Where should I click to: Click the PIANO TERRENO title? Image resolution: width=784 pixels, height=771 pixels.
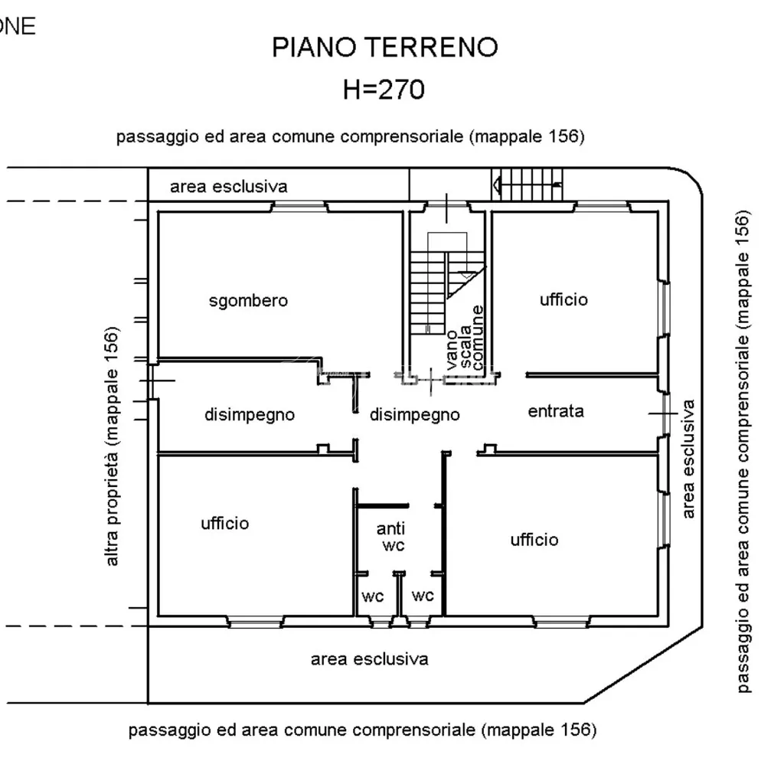[384, 47]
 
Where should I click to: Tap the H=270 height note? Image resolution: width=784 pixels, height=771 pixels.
[384, 90]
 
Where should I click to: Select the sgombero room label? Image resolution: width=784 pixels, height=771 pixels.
[248, 300]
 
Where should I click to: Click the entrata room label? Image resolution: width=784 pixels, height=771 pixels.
[556, 411]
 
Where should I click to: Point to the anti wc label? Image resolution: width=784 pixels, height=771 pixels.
[391, 537]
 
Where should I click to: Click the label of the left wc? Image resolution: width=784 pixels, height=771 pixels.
[373, 596]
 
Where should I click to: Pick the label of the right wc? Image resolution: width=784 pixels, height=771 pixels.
[423, 596]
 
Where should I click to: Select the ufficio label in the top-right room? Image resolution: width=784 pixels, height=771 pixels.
[563, 299]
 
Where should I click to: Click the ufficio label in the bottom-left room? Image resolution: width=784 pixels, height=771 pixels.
[224, 523]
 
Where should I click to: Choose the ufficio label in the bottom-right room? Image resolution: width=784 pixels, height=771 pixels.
[534, 540]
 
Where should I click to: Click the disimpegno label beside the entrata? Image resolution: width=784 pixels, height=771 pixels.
[414, 414]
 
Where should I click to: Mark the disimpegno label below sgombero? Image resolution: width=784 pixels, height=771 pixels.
[250, 414]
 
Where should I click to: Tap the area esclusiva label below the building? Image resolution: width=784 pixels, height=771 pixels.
[370, 659]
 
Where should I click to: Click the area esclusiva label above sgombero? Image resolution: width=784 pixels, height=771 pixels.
[228, 187]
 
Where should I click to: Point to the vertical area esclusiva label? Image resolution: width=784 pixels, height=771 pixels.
[688, 459]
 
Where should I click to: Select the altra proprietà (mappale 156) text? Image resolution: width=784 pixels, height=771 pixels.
[112, 446]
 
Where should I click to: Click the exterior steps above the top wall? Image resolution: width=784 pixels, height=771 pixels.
[527, 185]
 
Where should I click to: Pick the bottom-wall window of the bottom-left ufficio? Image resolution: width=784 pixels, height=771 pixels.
[256, 622]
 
